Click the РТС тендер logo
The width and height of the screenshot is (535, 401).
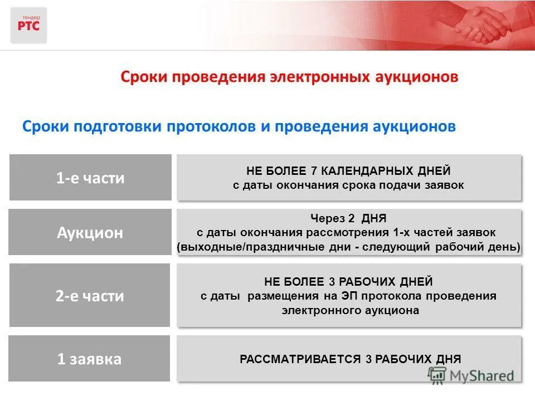coord(28,25)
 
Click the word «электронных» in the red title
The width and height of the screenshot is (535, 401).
coord(318,77)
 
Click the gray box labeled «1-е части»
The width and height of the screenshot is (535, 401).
coord(90,178)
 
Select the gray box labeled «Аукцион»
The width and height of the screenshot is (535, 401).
coord(90,232)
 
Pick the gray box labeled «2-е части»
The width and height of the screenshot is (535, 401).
coord(90,296)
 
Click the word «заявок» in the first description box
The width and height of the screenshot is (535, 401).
coord(444,185)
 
